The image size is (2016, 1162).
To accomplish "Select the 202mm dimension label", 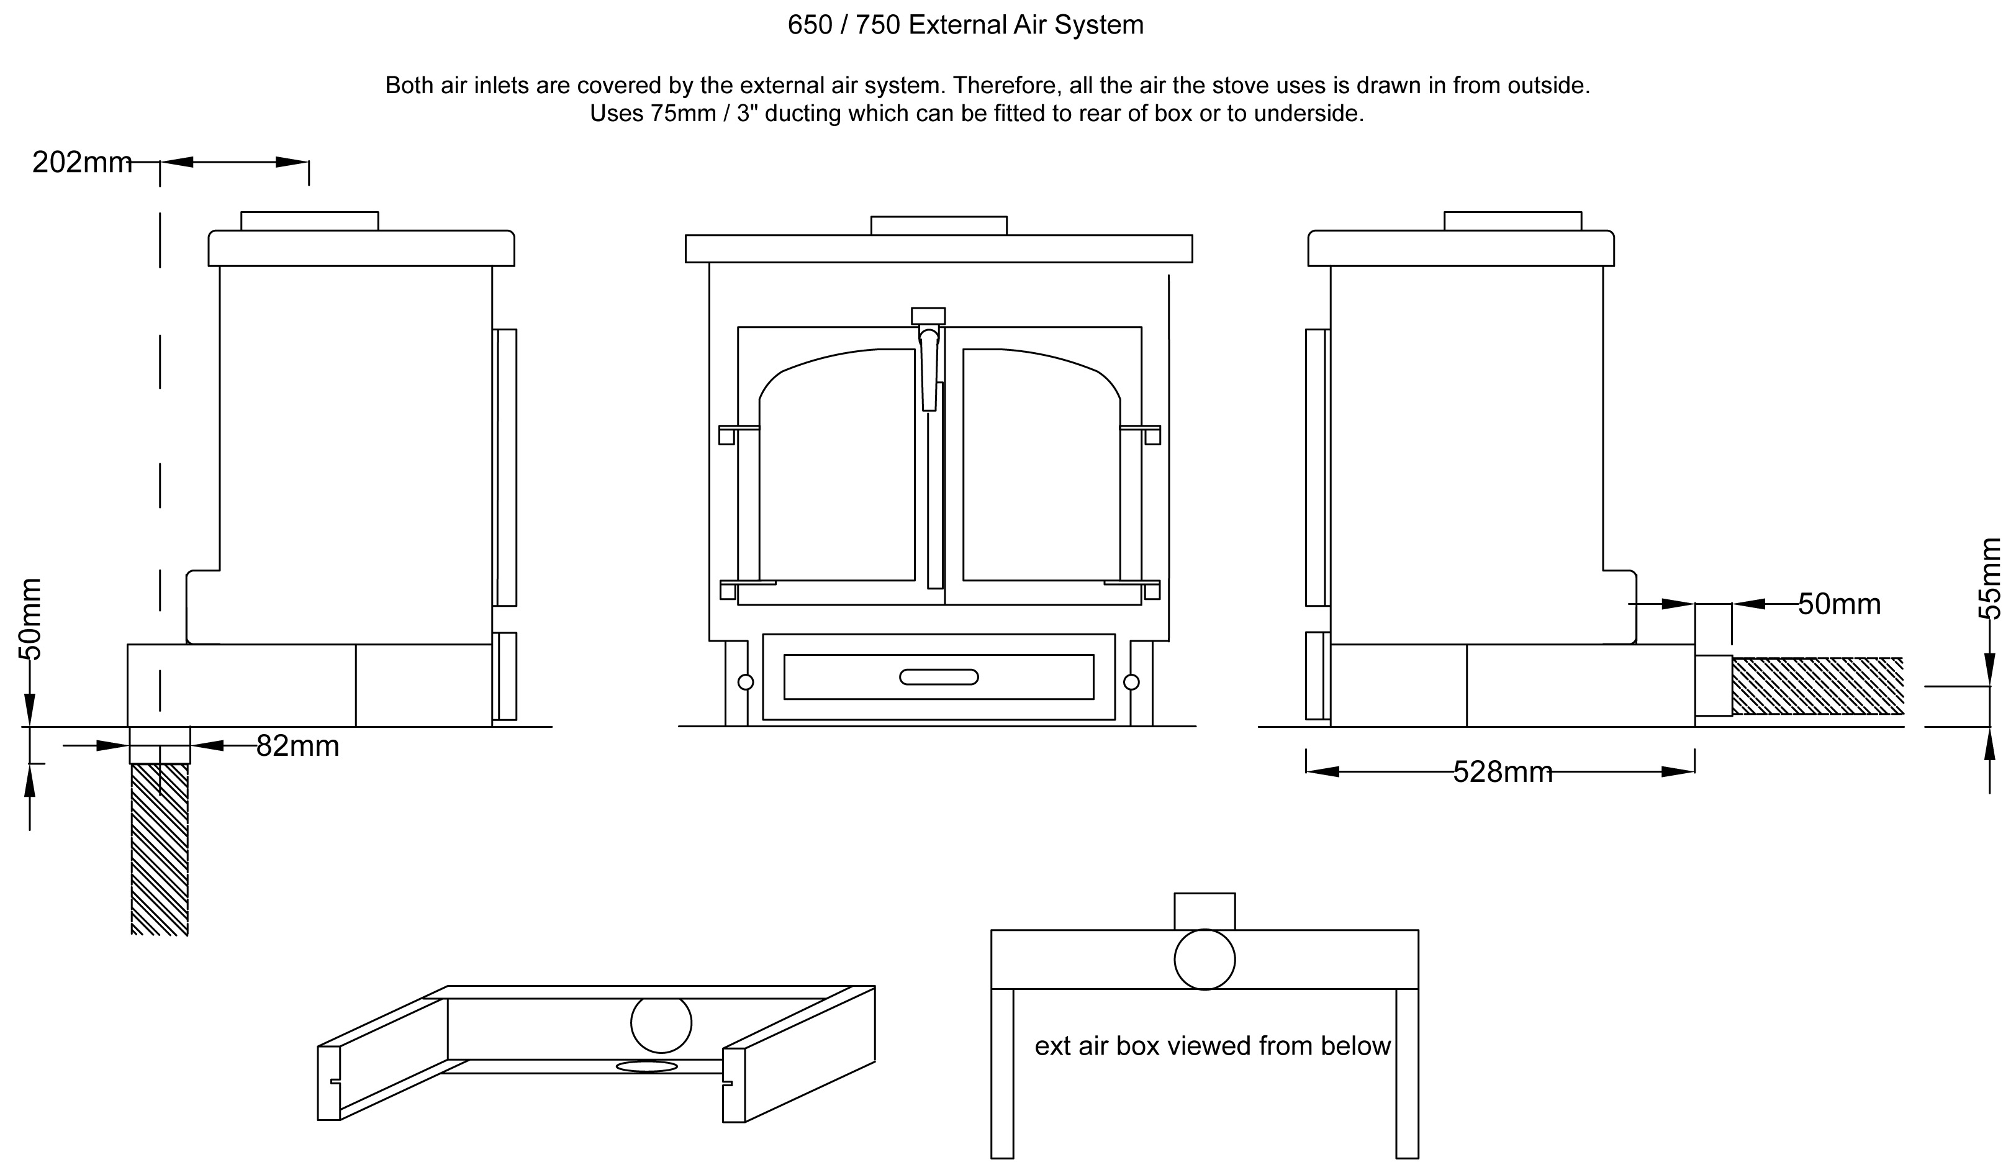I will click(81, 163).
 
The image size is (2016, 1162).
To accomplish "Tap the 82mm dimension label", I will click(297, 747).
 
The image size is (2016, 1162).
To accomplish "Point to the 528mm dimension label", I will click(1503, 773).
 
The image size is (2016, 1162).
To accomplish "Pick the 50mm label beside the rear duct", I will click(1839, 604).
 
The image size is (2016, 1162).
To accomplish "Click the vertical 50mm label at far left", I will click(30, 619).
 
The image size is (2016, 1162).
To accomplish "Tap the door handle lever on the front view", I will click(929, 367).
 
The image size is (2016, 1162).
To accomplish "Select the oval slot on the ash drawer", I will click(938, 677).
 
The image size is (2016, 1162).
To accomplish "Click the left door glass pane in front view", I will click(838, 471).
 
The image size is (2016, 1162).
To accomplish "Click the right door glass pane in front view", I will click(1041, 471).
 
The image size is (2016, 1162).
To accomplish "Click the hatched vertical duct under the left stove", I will click(160, 850).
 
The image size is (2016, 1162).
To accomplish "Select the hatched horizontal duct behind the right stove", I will click(1817, 686).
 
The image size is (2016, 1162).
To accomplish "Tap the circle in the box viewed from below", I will click(1204, 960).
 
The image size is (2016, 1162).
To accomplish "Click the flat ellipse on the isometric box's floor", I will click(646, 1066).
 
